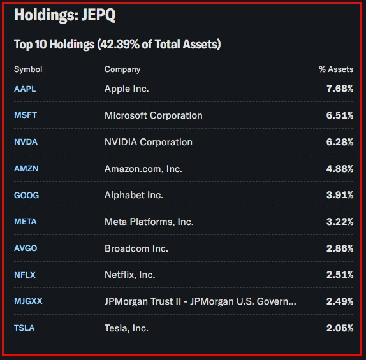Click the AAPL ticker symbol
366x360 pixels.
pos(25,89)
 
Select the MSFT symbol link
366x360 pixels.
pos(25,115)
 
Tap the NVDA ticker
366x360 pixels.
pos(26,142)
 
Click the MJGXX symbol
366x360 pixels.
pos(28,301)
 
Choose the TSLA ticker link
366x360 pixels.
pos(24,328)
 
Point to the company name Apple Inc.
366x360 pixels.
pos(126,89)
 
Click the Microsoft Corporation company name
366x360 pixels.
pos(153,115)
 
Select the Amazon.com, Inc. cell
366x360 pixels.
pos(143,169)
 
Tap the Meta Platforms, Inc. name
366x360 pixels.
pos(149,222)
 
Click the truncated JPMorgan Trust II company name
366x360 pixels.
pos(200,301)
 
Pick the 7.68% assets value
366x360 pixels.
pos(339,89)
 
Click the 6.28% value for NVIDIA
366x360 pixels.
pos(339,142)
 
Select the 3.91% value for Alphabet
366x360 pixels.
pos(339,195)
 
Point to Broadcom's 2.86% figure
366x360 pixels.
pos(339,248)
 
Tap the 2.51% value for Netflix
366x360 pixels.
pos(339,275)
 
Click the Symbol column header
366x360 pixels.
pos(28,69)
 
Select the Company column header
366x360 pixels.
pos(122,69)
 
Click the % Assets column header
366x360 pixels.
pos(336,69)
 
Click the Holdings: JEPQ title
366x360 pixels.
pos(64,16)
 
